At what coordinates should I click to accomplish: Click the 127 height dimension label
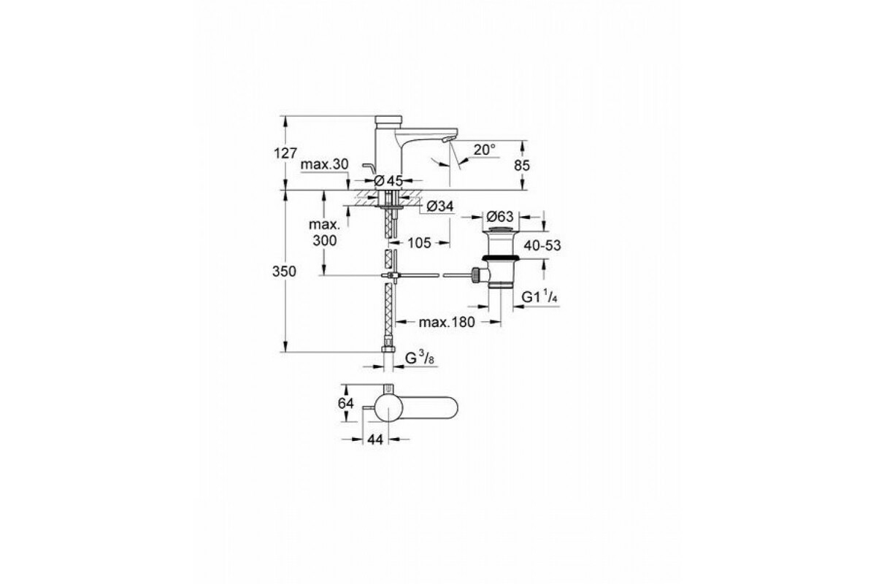coord(285,153)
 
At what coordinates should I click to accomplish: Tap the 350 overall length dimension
coord(284,271)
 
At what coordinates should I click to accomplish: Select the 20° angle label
coord(484,150)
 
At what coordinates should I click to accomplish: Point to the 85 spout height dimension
coord(522,166)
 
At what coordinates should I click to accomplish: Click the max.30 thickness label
coord(324,164)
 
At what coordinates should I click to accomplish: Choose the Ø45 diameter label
coord(388,181)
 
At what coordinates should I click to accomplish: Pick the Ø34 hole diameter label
coord(440,206)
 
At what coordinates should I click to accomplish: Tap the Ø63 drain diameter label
coord(500,216)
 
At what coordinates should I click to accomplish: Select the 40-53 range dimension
coord(542,246)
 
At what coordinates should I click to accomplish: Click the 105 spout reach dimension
coord(419,243)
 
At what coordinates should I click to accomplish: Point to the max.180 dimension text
coord(447,323)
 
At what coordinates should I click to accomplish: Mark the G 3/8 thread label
coord(420,358)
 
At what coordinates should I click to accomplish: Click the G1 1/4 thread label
coord(539,297)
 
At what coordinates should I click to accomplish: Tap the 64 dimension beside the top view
coord(346,403)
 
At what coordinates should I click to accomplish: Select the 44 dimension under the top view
coord(375,439)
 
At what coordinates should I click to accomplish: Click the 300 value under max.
coord(325,241)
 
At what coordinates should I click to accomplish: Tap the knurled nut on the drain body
coord(476,275)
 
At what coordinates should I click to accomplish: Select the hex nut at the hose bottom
coord(388,349)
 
